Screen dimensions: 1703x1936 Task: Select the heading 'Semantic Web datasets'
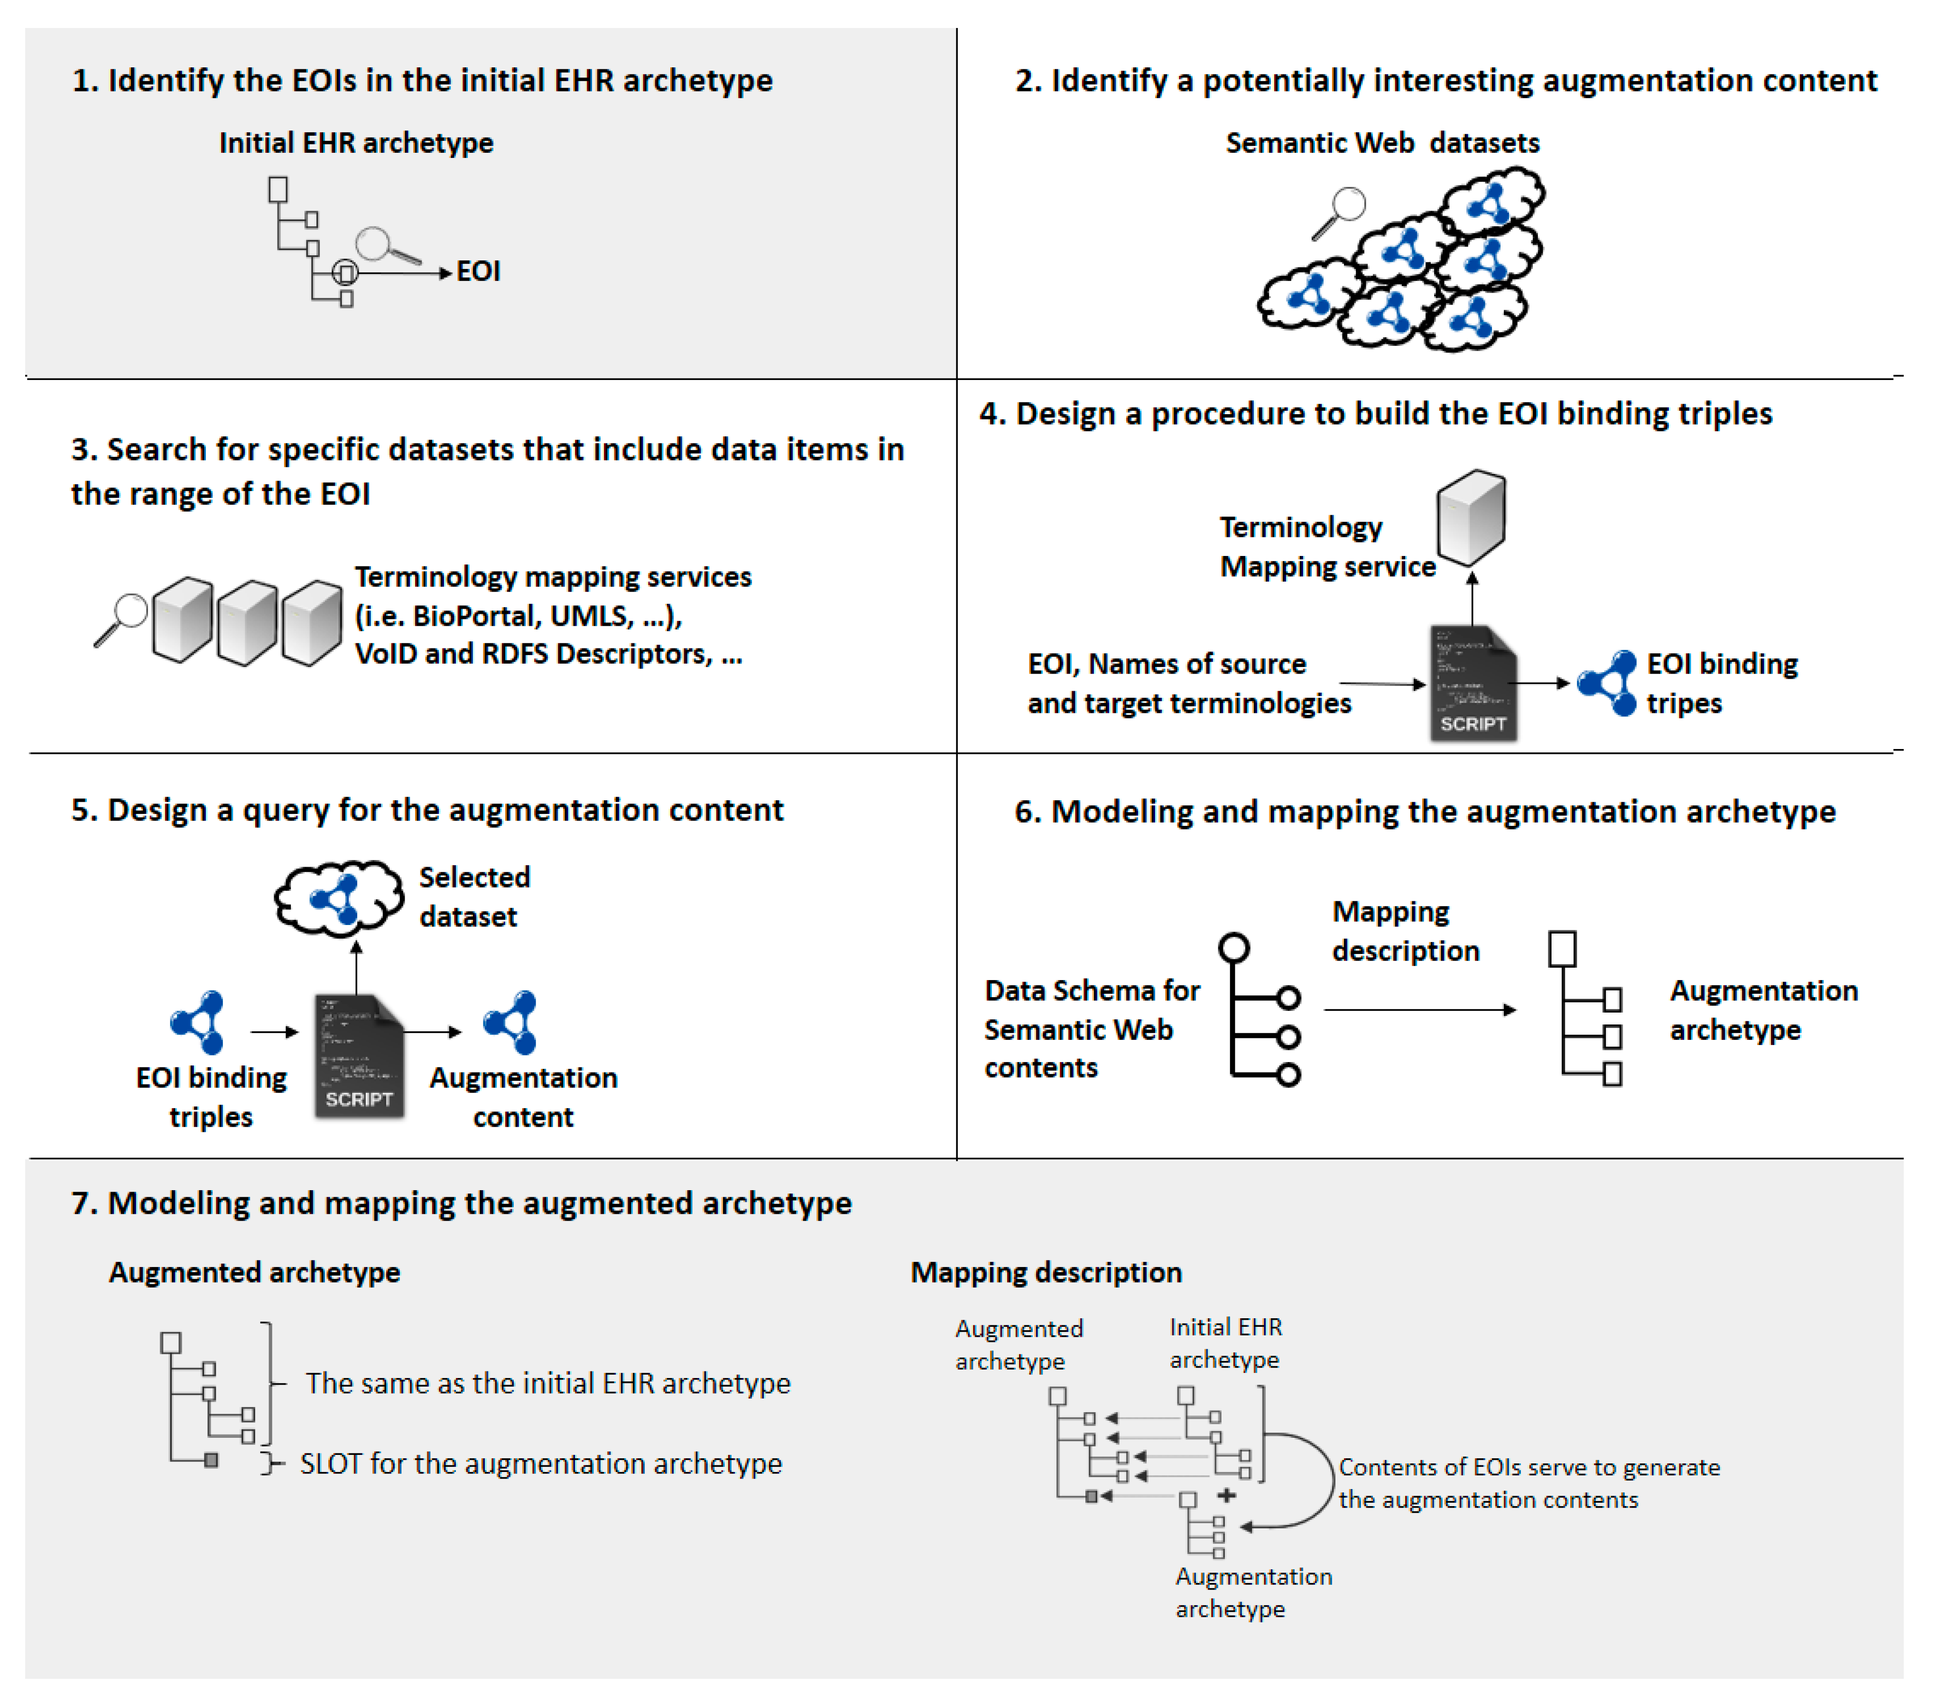(1382, 143)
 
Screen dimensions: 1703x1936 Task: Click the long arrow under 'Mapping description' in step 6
(1419, 1009)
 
